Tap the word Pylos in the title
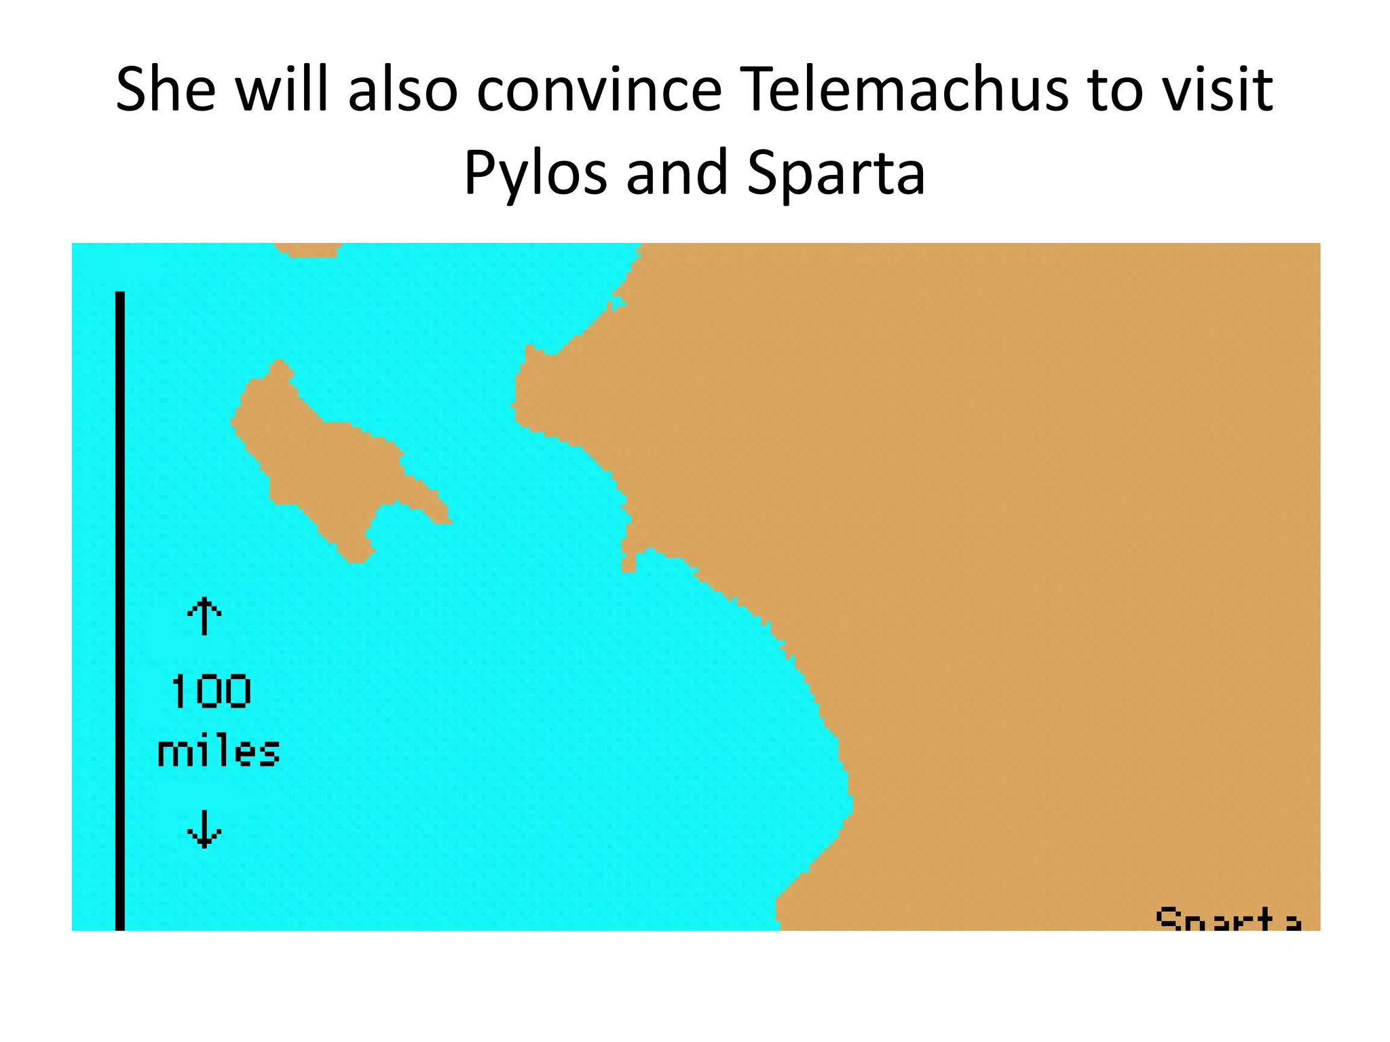(535, 172)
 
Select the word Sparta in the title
(836, 172)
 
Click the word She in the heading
(166, 90)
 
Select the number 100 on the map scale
(211, 692)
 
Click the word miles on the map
(219, 752)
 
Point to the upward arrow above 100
(204, 615)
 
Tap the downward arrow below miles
(204, 829)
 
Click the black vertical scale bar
(120, 611)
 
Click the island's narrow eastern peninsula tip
(445, 518)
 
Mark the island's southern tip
(358, 558)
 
